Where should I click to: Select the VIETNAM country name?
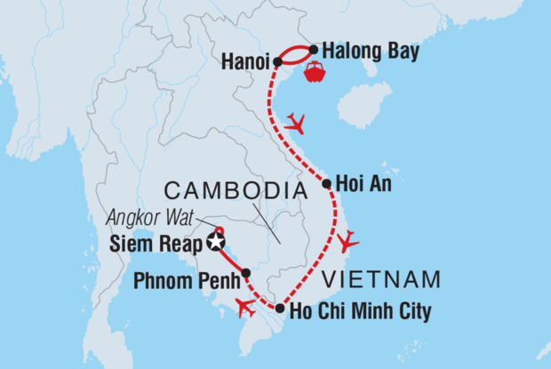(x=381, y=279)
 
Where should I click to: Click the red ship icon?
(x=315, y=73)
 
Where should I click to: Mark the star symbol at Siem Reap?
(x=214, y=241)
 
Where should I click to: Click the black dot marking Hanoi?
(x=278, y=62)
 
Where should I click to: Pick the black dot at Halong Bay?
(x=313, y=50)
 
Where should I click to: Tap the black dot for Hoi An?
(x=327, y=185)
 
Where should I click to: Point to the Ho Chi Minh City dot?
(x=280, y=309)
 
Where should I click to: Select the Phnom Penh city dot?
(x=245, y=273)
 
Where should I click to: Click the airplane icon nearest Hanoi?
(x=295, y=123)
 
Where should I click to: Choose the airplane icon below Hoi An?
(x=347, y=239)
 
